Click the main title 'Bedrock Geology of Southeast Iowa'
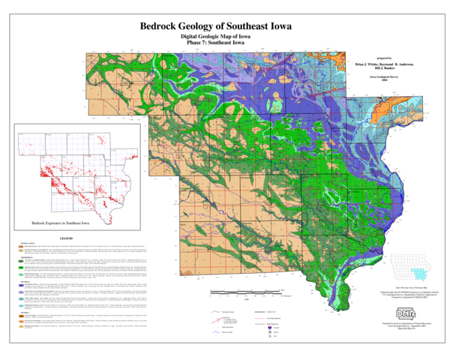pos(226,25)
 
